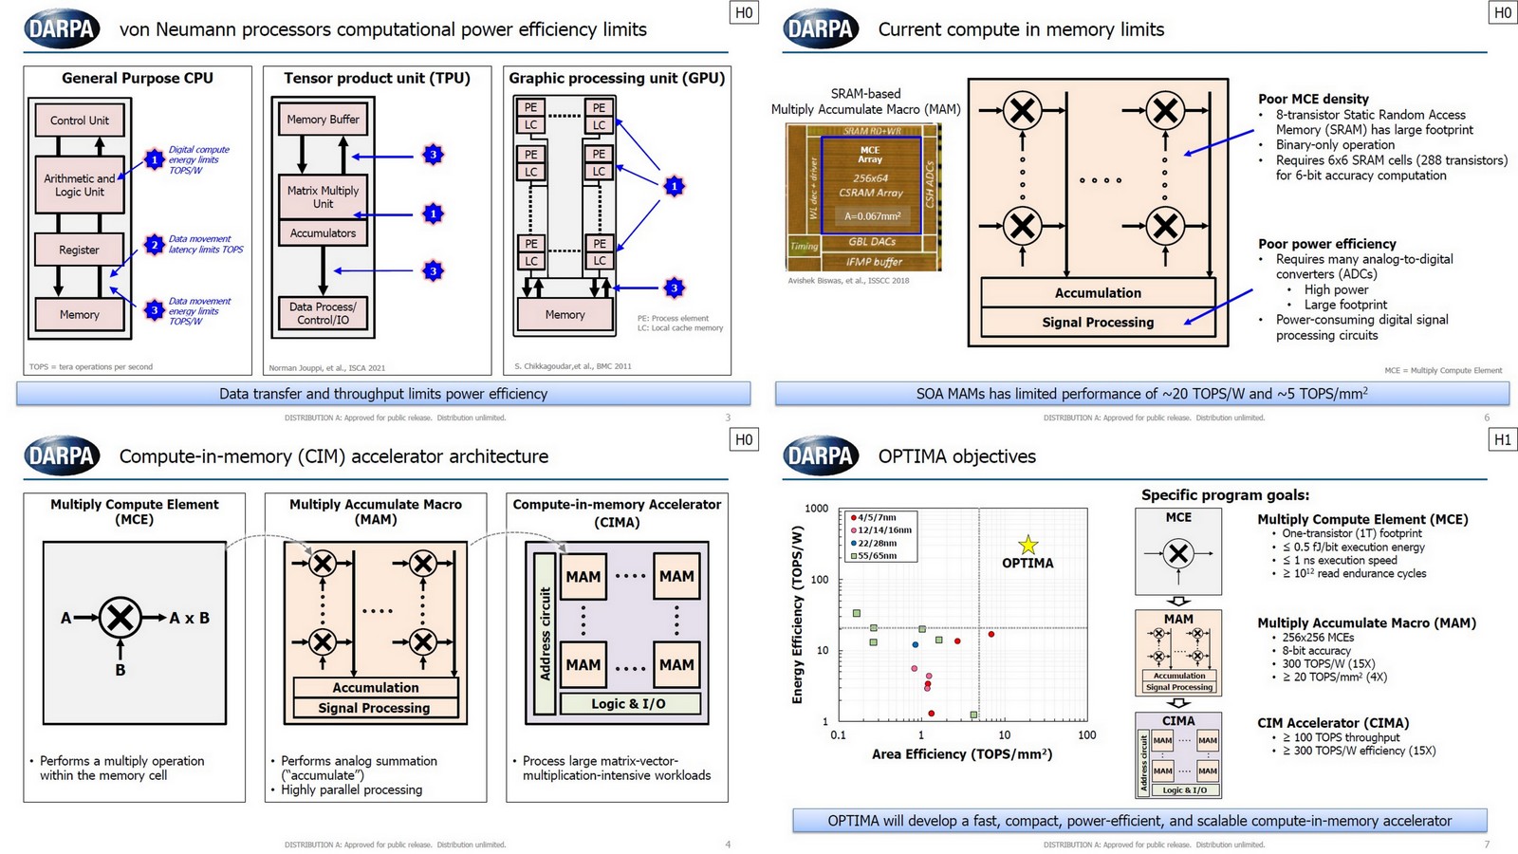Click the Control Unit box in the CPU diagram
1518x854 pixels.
coord(80,121)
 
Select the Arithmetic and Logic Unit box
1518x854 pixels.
coord(80,185)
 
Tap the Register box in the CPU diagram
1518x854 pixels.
coord(79,250)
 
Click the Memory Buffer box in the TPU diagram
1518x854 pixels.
coord(323,120)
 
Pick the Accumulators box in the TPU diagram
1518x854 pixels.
coord(323,233)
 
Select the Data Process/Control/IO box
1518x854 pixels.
coord(323,313)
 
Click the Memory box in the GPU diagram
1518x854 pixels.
coord(565,314)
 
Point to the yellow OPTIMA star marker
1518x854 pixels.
coord(1028,545)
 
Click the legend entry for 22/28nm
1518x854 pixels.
coord(877,543)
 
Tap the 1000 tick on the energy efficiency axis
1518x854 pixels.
coord(816,509)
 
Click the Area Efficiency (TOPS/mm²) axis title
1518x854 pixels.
coord(962,754)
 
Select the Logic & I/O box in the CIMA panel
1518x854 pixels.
coord(629,704)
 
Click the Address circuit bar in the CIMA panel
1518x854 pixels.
coord(545,633)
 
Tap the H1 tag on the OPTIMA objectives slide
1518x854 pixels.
coord(1503,439)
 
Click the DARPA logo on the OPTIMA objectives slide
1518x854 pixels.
coord(822,456)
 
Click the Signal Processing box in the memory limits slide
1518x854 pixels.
coord(1098,323)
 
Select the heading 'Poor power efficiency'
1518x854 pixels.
coord(1326,244)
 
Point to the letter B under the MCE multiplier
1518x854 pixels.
coord(120,670)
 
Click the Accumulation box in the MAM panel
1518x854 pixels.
coord(375,687)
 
